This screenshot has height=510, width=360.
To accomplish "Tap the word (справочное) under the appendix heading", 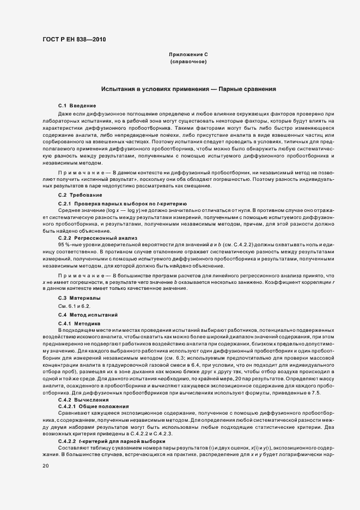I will pyautogui.click(x=188, y=62).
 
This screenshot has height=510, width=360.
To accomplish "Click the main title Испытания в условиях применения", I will pyautogui.click(x=188, y=88).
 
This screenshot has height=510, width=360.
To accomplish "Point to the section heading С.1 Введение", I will pyautogui.click(x=77, y=105).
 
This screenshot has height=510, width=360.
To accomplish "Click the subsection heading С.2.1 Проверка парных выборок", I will pyautogui.click(x=123, y=203).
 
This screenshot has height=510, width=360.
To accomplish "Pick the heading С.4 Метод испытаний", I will pyautogui.click(x=88, y=315).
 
